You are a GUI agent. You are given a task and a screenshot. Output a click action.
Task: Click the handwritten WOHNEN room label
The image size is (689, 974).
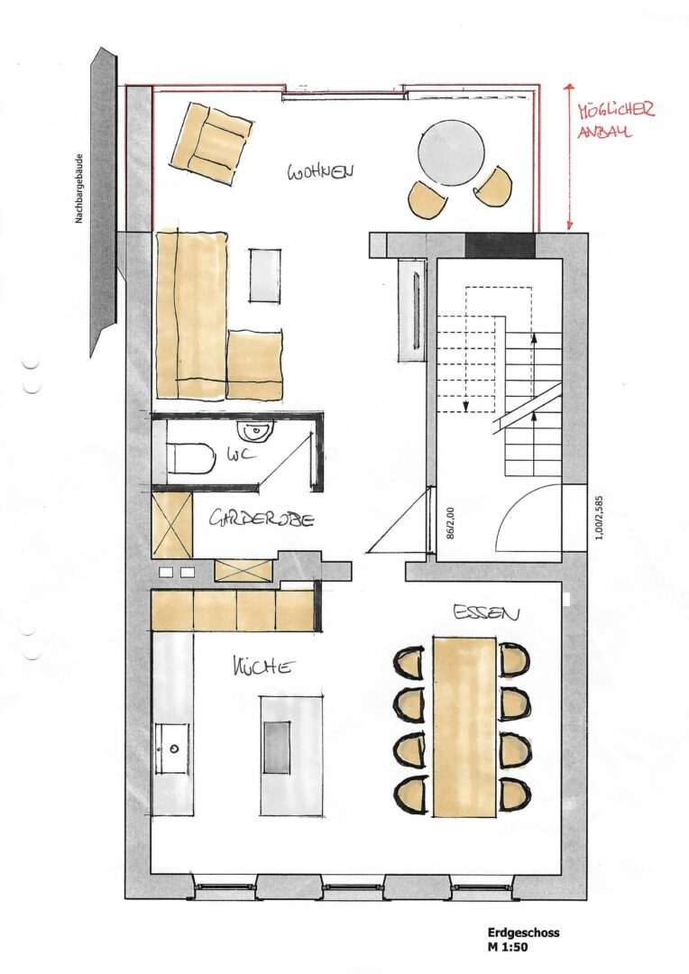tap(320, 171)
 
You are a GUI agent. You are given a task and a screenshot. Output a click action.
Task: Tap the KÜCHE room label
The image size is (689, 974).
tap(263, 667)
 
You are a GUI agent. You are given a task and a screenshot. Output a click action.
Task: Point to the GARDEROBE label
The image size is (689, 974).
tap(262, 519)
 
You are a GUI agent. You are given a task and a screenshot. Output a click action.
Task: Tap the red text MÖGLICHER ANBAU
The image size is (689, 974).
tap(615, 121)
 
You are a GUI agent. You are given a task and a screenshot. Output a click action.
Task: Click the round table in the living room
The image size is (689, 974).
tap(451, 152)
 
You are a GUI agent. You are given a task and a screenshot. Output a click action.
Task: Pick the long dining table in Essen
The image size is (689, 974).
tap(464, 726)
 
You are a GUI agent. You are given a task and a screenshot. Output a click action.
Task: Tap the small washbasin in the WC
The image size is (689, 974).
tap(259, 431)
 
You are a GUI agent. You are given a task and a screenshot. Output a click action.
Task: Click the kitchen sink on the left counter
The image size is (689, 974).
tap(171, 748)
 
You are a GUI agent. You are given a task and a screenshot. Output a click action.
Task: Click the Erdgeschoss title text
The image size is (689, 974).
tap(522, 933)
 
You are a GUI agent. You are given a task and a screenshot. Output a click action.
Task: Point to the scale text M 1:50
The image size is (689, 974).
tap(509, 947)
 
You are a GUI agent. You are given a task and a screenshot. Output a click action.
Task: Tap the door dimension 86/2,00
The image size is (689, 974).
tap(449, 521)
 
